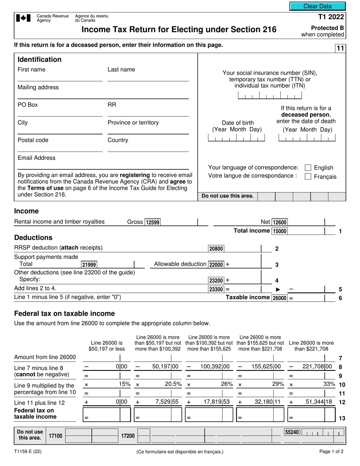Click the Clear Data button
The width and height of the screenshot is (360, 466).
click(x=318, y=6)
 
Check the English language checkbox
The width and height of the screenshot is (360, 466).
click(x=308, y=167)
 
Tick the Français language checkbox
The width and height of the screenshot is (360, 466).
click(x=308, y=177)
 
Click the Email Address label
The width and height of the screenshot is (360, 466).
click(x=36, y=158)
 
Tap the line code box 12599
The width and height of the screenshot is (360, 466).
click(x=153, y=222)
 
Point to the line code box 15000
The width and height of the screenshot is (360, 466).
click(x=280, y=231)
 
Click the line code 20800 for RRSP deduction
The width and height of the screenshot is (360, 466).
click(x=216, y=249)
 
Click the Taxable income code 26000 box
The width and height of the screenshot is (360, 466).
click(x=280, y=298)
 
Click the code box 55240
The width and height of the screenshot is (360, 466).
click(x=292, y=432)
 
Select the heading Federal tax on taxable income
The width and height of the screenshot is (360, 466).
click(x=64, y=314)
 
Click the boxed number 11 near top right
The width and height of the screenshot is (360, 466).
click(x=340, y=48)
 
